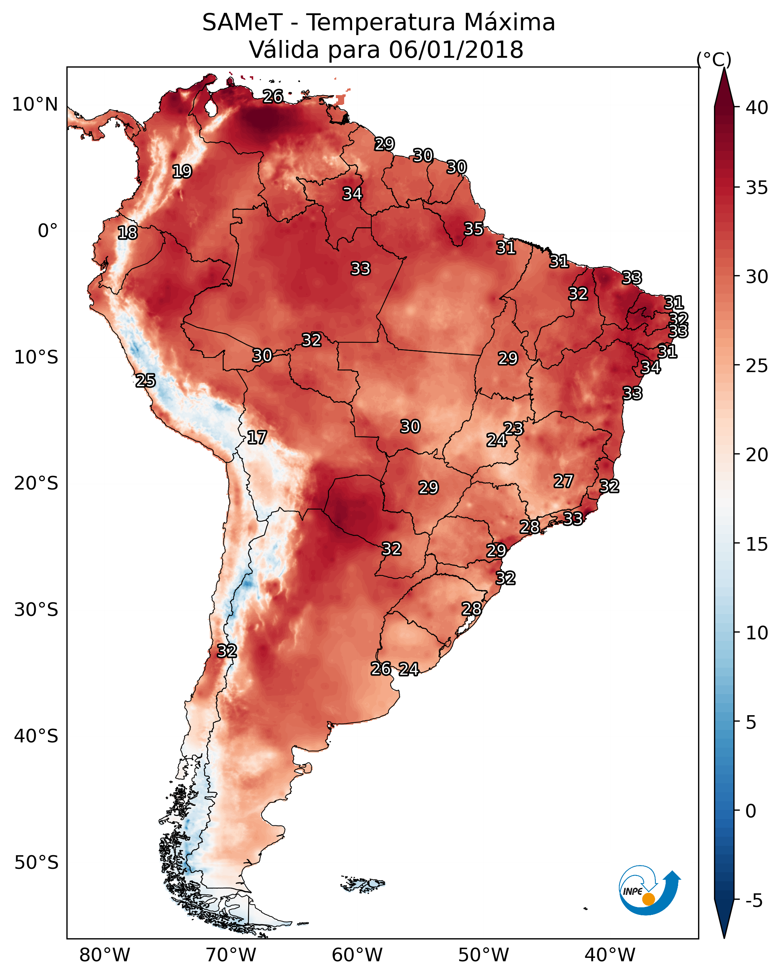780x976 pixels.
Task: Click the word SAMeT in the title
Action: [x=242, y=22]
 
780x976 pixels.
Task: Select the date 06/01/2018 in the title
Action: [x=456, y=49]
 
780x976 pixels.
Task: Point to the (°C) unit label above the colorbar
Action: [x=714, y=59]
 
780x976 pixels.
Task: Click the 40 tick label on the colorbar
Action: [x=757, y=108]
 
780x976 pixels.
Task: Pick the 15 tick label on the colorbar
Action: [x=757, y=544]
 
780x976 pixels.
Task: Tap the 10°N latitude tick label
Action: [x=35, y=105]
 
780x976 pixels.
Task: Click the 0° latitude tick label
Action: [x=48, y=231]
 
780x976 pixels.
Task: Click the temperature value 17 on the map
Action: [x=257, y=437]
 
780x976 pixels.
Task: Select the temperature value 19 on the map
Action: [x=182, y=172]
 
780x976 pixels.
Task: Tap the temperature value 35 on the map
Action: [x=474, y=229]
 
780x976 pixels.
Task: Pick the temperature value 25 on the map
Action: [x=145, y=381]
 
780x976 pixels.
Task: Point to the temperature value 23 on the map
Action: [x=513, y=428]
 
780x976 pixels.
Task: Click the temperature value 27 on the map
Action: [x=564, y=481]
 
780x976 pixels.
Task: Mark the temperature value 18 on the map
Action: [x=127, y=233]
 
